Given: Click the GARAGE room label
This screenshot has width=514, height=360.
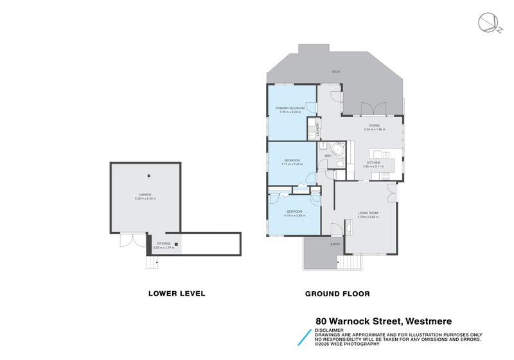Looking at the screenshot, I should click(146, 194).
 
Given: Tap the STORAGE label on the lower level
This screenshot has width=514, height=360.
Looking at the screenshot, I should click(164, 244).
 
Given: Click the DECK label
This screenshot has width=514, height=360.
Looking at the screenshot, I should click(335, 71).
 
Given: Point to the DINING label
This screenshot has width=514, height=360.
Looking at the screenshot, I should click(374, 125).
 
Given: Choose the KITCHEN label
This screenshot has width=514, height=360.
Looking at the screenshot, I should click(373, 163).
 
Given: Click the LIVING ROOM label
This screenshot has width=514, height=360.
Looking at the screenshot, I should click(368, 213).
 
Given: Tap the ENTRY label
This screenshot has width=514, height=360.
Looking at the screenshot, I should click(335, 244).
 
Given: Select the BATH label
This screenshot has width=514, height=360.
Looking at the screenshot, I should click(327, 156).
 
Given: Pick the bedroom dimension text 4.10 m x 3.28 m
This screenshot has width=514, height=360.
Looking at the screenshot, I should click(294, 215).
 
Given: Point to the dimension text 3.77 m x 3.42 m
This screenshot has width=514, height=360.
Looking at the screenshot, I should click(292, 165).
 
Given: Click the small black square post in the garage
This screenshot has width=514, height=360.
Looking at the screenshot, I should click(148, 175).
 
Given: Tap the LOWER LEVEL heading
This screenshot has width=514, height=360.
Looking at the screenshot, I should click(177, 293).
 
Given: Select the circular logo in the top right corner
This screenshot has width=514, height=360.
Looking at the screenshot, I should click(486, 22).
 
